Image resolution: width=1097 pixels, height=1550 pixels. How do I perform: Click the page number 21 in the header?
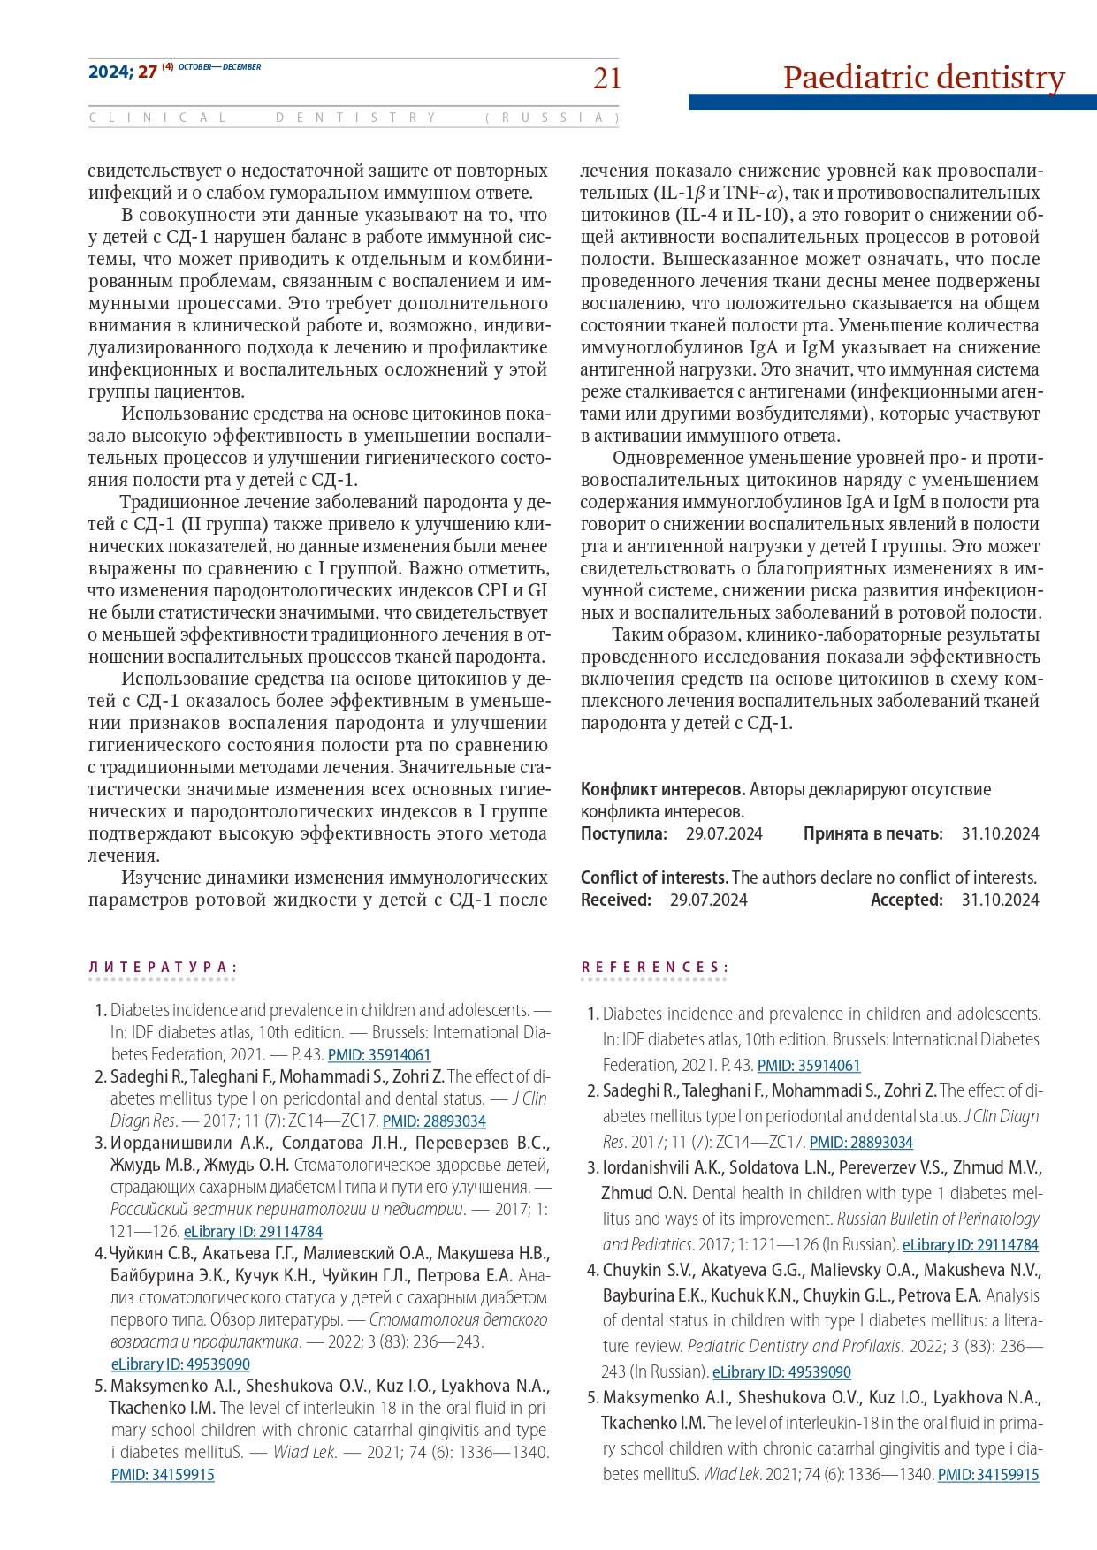point(606,80)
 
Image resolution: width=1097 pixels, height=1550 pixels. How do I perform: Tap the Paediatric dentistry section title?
point(924,78)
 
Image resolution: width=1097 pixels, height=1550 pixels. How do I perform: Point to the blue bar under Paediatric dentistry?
point(892,103)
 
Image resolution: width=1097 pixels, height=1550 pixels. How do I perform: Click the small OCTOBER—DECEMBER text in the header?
point(220,67)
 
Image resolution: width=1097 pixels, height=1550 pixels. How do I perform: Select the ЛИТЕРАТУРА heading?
point(163,968)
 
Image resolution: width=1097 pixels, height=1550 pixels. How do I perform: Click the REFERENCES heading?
point(654,968)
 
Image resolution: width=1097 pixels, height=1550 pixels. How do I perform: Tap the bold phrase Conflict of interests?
point(654,878)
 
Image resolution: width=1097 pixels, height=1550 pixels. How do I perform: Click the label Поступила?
point(624,833)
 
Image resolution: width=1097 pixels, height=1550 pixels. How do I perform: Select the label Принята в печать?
point(873,833)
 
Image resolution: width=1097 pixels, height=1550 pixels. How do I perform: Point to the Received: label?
point(616,900)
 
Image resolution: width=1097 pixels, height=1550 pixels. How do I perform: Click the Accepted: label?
point(907,900)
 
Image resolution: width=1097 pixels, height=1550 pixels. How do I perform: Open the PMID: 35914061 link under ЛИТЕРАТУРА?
point(379,1054)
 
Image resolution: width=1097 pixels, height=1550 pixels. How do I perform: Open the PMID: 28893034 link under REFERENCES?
point(861,1143)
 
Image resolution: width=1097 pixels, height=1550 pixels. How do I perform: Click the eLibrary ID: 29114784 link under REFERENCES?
point(971,1245)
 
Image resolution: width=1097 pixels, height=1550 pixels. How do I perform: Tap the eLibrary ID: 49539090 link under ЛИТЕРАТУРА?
point(180,1364)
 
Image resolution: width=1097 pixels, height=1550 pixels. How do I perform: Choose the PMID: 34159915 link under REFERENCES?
point(987,1475)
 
